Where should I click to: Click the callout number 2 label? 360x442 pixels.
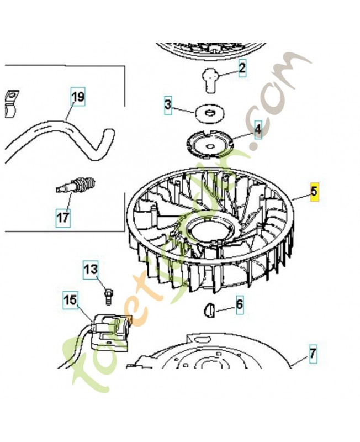[241, 69]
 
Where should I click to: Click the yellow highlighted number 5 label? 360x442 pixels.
[314, 192]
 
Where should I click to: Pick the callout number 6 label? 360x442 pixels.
[239, 304]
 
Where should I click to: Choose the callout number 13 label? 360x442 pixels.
[91, 270]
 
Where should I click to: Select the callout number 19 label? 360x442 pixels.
[78, 98]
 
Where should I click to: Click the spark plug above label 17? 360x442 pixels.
[79, 185]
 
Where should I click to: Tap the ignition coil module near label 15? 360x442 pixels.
[112, 330]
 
